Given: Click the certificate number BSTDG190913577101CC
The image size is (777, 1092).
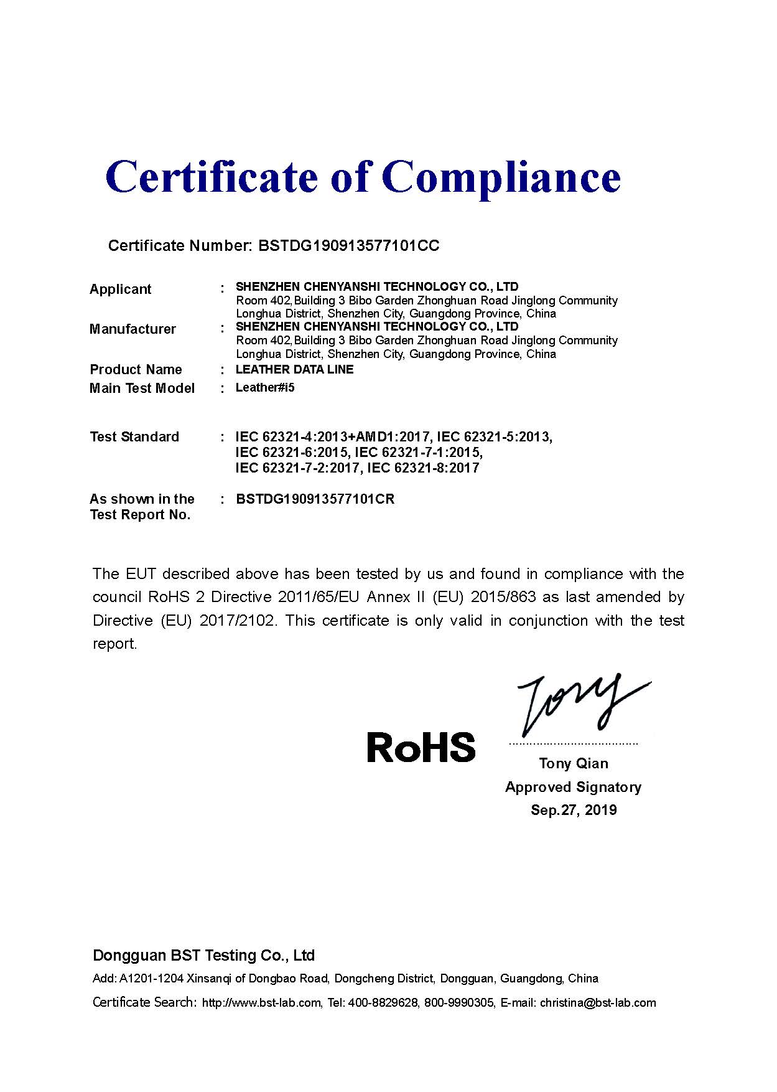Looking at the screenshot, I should (x=348, y=246).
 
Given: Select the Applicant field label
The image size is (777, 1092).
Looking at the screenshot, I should (x=120, y=289).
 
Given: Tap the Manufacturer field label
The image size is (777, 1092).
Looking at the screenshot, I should (x=133, y=329).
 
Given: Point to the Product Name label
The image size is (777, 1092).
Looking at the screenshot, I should (x=136, y=369).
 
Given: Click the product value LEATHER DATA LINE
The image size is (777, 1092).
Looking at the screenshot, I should (x=294, y=369).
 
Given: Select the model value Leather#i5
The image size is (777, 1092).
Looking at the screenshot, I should (x=264, y=387).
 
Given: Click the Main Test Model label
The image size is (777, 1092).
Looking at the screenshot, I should (x=142, y=388).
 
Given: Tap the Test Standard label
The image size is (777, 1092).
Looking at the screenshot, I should (x=134, y=436).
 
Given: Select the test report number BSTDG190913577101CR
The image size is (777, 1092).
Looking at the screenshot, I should (x=315, y=499).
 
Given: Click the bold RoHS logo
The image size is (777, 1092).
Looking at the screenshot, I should (x=421, y=747).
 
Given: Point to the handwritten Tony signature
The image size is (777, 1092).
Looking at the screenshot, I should (x=579, y=704).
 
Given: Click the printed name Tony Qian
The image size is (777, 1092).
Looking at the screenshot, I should (x=574, y=763).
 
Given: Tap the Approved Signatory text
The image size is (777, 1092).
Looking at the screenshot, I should (x=573, y=787).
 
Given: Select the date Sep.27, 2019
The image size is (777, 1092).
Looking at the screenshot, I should (x=574, y=810).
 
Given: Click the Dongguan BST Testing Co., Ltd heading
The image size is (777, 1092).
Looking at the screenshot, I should (x=203, y=955).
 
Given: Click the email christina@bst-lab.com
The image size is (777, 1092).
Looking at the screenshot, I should (x=597, y=1003).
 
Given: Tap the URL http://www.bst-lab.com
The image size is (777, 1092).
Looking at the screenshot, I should (x=261, y=1003).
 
